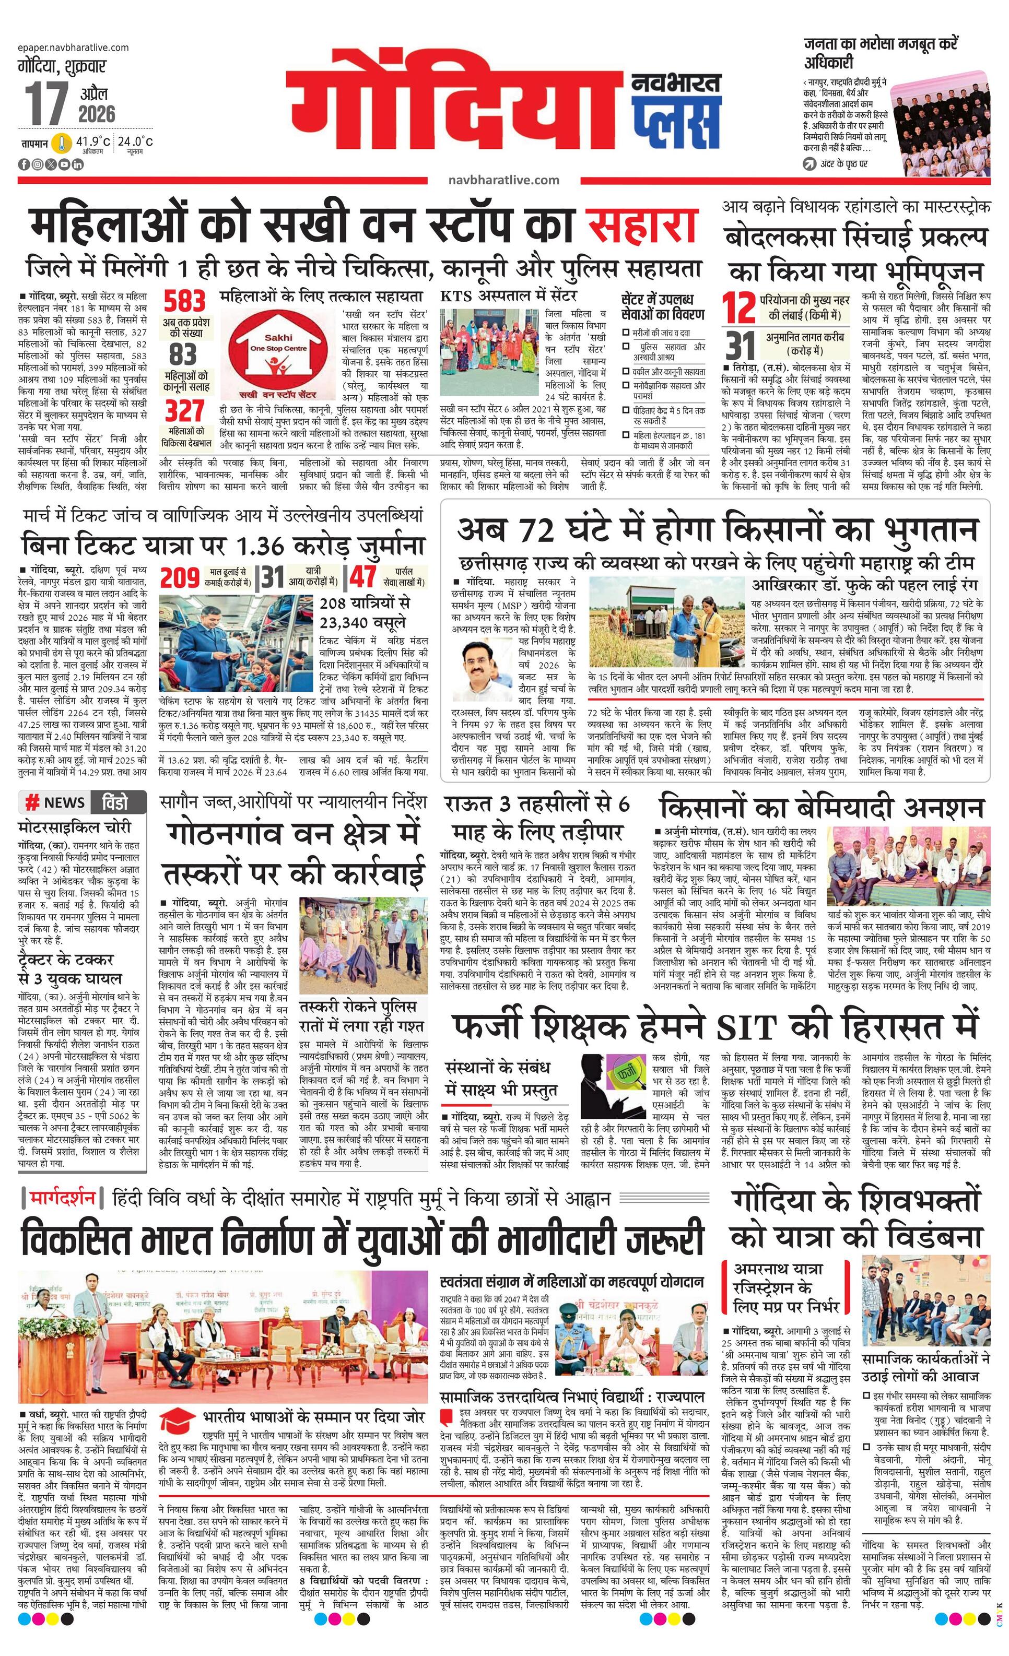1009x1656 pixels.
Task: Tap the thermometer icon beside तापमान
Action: coord(62,143)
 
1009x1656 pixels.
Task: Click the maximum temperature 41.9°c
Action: coord(92,141)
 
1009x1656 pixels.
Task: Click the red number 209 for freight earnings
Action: coord(180,578)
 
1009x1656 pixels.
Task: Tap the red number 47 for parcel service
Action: coord(363,578)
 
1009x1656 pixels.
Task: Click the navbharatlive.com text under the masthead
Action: coord(503,180)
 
